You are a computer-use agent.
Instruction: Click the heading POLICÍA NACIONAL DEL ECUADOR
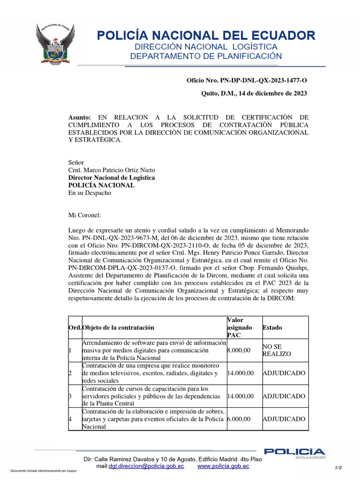tap(206, 35)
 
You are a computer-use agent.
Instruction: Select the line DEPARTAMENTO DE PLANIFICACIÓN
tap(206, 57)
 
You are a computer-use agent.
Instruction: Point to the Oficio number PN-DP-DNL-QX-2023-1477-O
tap(247, 81)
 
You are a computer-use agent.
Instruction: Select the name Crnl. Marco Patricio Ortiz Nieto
tap(112, 170)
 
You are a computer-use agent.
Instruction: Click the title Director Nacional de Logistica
tap(112, 178)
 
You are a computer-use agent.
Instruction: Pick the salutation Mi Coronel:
tap(84, 216)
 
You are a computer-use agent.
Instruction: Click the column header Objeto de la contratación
tap(118, 328)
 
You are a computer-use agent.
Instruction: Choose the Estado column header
tap(272, 328)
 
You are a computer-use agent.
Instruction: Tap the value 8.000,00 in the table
tap(238, 350)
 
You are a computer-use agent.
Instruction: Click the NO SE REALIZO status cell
tap(277, 350)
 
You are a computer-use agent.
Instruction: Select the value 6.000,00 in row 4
tap(238, 419)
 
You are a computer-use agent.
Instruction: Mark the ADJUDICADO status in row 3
tap(284, 396)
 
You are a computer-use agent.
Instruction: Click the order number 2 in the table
tap(70, 373)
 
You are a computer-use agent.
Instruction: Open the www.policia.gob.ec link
tap(223, 466)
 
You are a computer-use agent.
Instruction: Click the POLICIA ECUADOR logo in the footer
tap(294, 453)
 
